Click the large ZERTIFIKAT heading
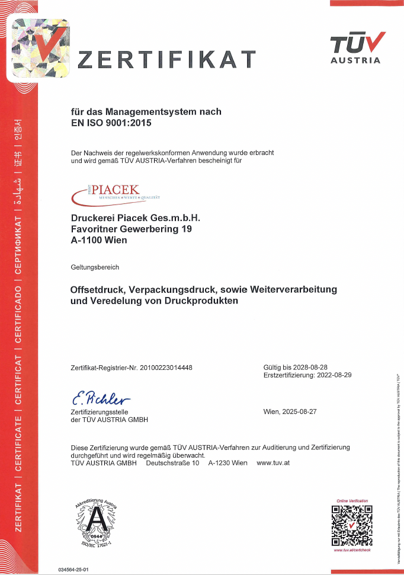click(167, 60)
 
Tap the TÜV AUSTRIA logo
click(356, 47)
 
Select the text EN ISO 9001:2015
click(111, 123)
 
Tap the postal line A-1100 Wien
click(99, 240)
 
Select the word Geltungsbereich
click(95, 267)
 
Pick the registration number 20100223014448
click(166, 368)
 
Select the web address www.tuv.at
click(273, 462)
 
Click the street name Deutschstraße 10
click(172, 462)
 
